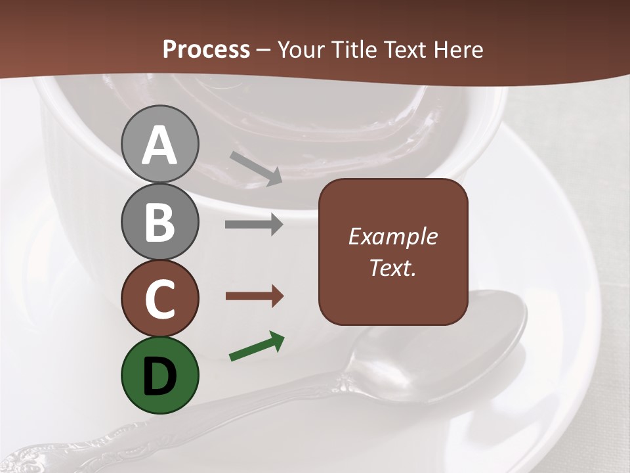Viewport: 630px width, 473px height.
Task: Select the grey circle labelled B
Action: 159,221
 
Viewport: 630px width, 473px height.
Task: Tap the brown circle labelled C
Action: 159,298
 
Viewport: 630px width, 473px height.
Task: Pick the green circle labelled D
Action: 159,375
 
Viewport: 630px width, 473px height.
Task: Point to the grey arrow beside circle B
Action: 254,224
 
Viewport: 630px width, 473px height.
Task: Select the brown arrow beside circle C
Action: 254,296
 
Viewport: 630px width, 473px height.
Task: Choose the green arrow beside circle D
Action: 257,346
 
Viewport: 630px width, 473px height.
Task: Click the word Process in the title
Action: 206,50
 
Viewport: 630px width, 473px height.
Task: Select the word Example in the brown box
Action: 392,236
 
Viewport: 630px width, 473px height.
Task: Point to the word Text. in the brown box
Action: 392,267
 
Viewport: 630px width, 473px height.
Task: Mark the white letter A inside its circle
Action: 159,146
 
